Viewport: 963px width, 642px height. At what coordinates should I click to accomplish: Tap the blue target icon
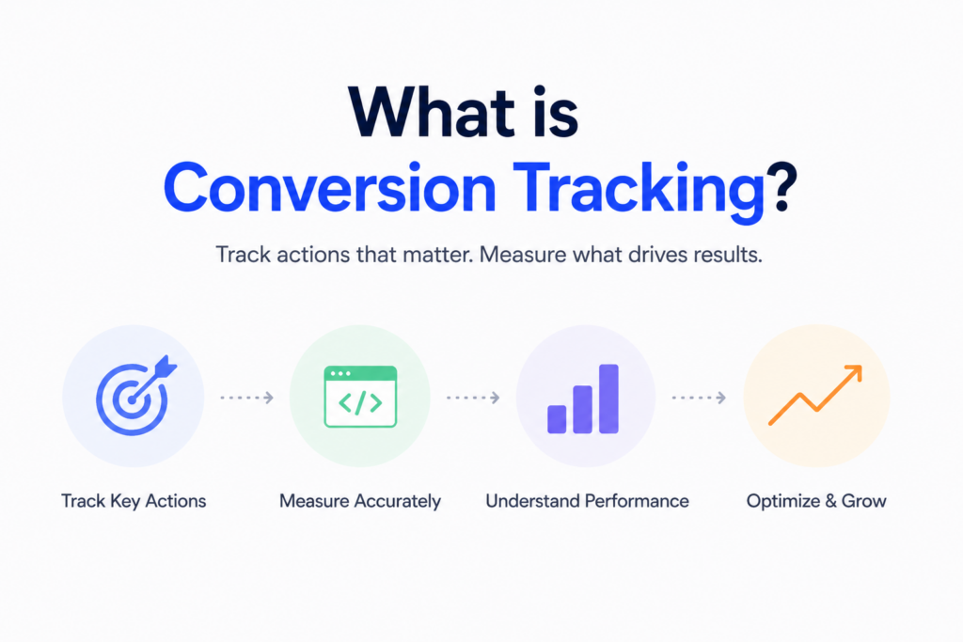coord(131,398)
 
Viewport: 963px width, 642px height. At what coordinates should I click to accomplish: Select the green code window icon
coord(359,397)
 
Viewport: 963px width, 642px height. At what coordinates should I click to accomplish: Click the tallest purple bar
coord(608,399)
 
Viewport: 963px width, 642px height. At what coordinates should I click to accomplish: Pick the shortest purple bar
coord(557,419)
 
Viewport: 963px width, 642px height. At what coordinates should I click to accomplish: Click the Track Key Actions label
coord(134,501)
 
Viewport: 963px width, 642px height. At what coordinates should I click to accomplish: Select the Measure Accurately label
coord(360,501)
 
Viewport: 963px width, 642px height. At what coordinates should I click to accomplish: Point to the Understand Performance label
coord(587,501)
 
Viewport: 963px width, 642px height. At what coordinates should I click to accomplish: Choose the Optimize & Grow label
coord(815,501)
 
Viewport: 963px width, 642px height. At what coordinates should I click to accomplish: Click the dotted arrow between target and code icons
coord(246,398)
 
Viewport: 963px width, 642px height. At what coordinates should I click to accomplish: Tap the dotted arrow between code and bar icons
coord(472,398)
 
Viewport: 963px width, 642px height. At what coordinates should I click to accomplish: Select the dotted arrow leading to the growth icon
coord(698,398)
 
